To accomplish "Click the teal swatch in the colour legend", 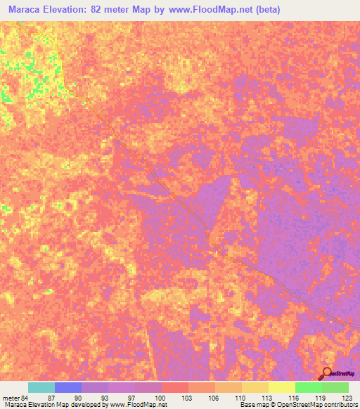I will click(41, 387).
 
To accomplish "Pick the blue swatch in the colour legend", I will click(68, 387).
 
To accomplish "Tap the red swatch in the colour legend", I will click(175, 387).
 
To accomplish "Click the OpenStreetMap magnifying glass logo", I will click(326, 372).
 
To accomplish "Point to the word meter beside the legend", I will click(11, 398).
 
